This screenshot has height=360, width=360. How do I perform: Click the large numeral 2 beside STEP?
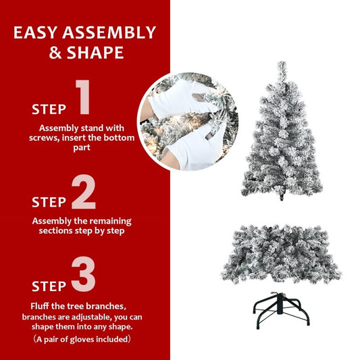tap(84, 192)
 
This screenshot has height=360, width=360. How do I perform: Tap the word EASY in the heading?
tap(40, 32)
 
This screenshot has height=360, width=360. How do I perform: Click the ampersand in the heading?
tap(55, 53)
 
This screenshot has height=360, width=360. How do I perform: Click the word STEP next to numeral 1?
tap(49, 109)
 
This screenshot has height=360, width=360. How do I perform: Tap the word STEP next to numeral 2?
tap(49, 202)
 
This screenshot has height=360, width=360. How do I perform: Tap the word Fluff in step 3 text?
tap(41, 306)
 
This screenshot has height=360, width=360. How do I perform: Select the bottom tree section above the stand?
tap(280, 253)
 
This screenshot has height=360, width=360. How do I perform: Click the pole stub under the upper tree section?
tap(281, 198)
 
